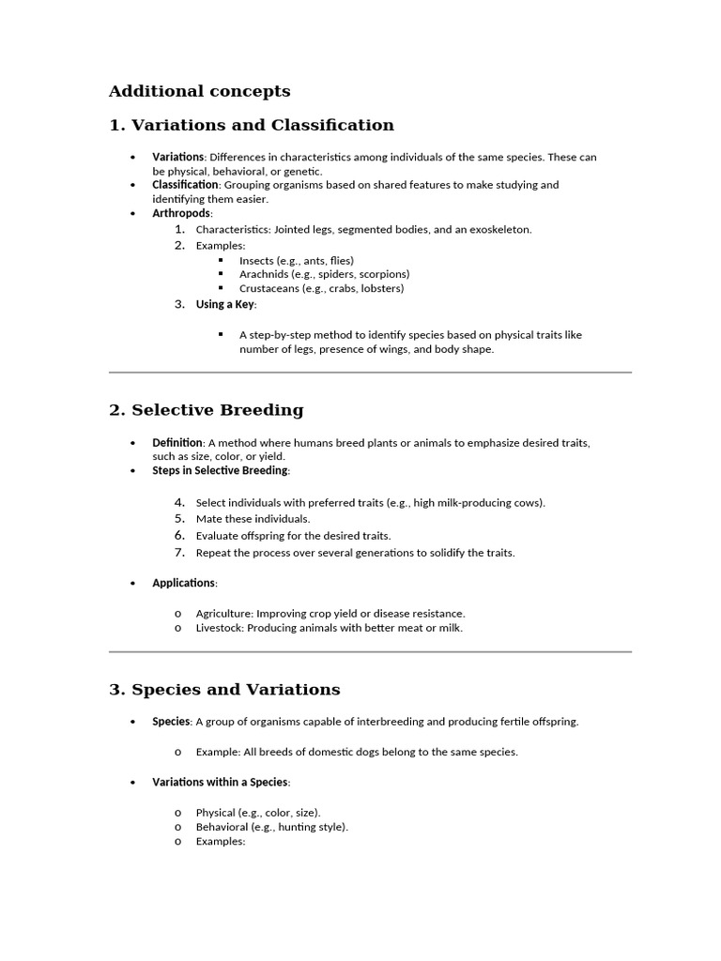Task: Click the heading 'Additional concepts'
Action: [199, 91]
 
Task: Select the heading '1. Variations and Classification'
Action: [251, 125]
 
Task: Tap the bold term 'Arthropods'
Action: [182, 214]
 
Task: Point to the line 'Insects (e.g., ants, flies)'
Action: [296, 260]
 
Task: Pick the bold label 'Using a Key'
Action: [225, 304]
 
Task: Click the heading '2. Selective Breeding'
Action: [207, 410]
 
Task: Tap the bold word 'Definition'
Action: [177, 442]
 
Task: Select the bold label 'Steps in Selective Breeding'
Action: [220, 470]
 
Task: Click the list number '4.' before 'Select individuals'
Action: [179, 502]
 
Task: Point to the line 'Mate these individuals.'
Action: [253, 519]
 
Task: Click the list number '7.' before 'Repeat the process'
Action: [179, 553]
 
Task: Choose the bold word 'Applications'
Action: [184, 583]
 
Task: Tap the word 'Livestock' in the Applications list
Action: [219, 628]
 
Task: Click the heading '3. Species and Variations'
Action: [224, 690]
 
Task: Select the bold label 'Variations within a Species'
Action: [220, 782]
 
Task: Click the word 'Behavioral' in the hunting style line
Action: [222, 827]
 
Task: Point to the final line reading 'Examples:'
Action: [220, 842]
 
